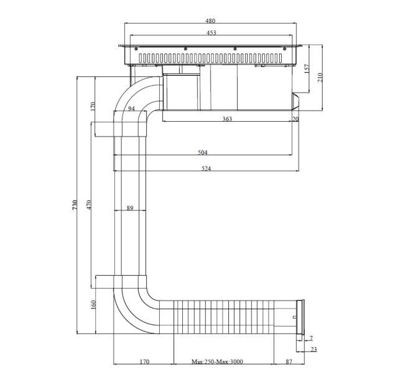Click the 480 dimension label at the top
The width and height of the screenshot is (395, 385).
pos(210,20)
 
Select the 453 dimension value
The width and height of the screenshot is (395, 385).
pos(211,33)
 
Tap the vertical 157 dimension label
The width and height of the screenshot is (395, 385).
pos(307,69)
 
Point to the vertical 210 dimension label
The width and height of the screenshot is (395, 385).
pos(320,77)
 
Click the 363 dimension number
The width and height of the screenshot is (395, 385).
pos(227,119)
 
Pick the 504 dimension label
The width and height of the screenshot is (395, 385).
pos(203,152)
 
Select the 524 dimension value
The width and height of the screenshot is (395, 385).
pos(206,168)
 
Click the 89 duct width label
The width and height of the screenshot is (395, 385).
pos(130,208)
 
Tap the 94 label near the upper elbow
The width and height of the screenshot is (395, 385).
pos(131,109)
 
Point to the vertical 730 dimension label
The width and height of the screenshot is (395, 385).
pos(75,205)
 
